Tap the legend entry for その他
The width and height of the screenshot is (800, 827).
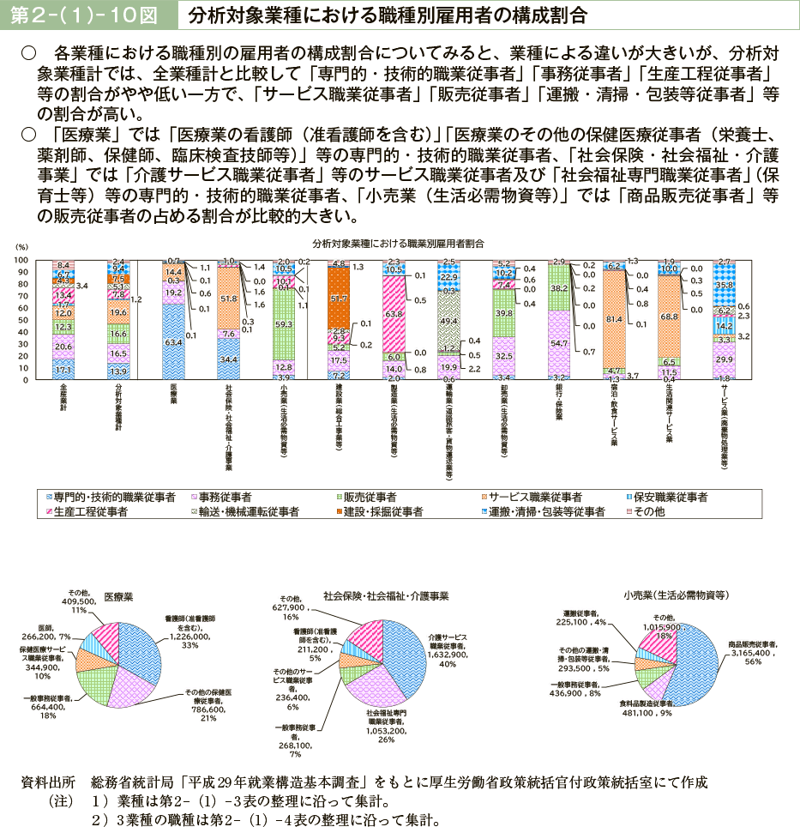point(647,511)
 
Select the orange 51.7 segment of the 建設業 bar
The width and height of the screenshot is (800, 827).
point(338,298)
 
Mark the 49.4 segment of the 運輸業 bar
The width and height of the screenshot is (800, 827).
point(448,320)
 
